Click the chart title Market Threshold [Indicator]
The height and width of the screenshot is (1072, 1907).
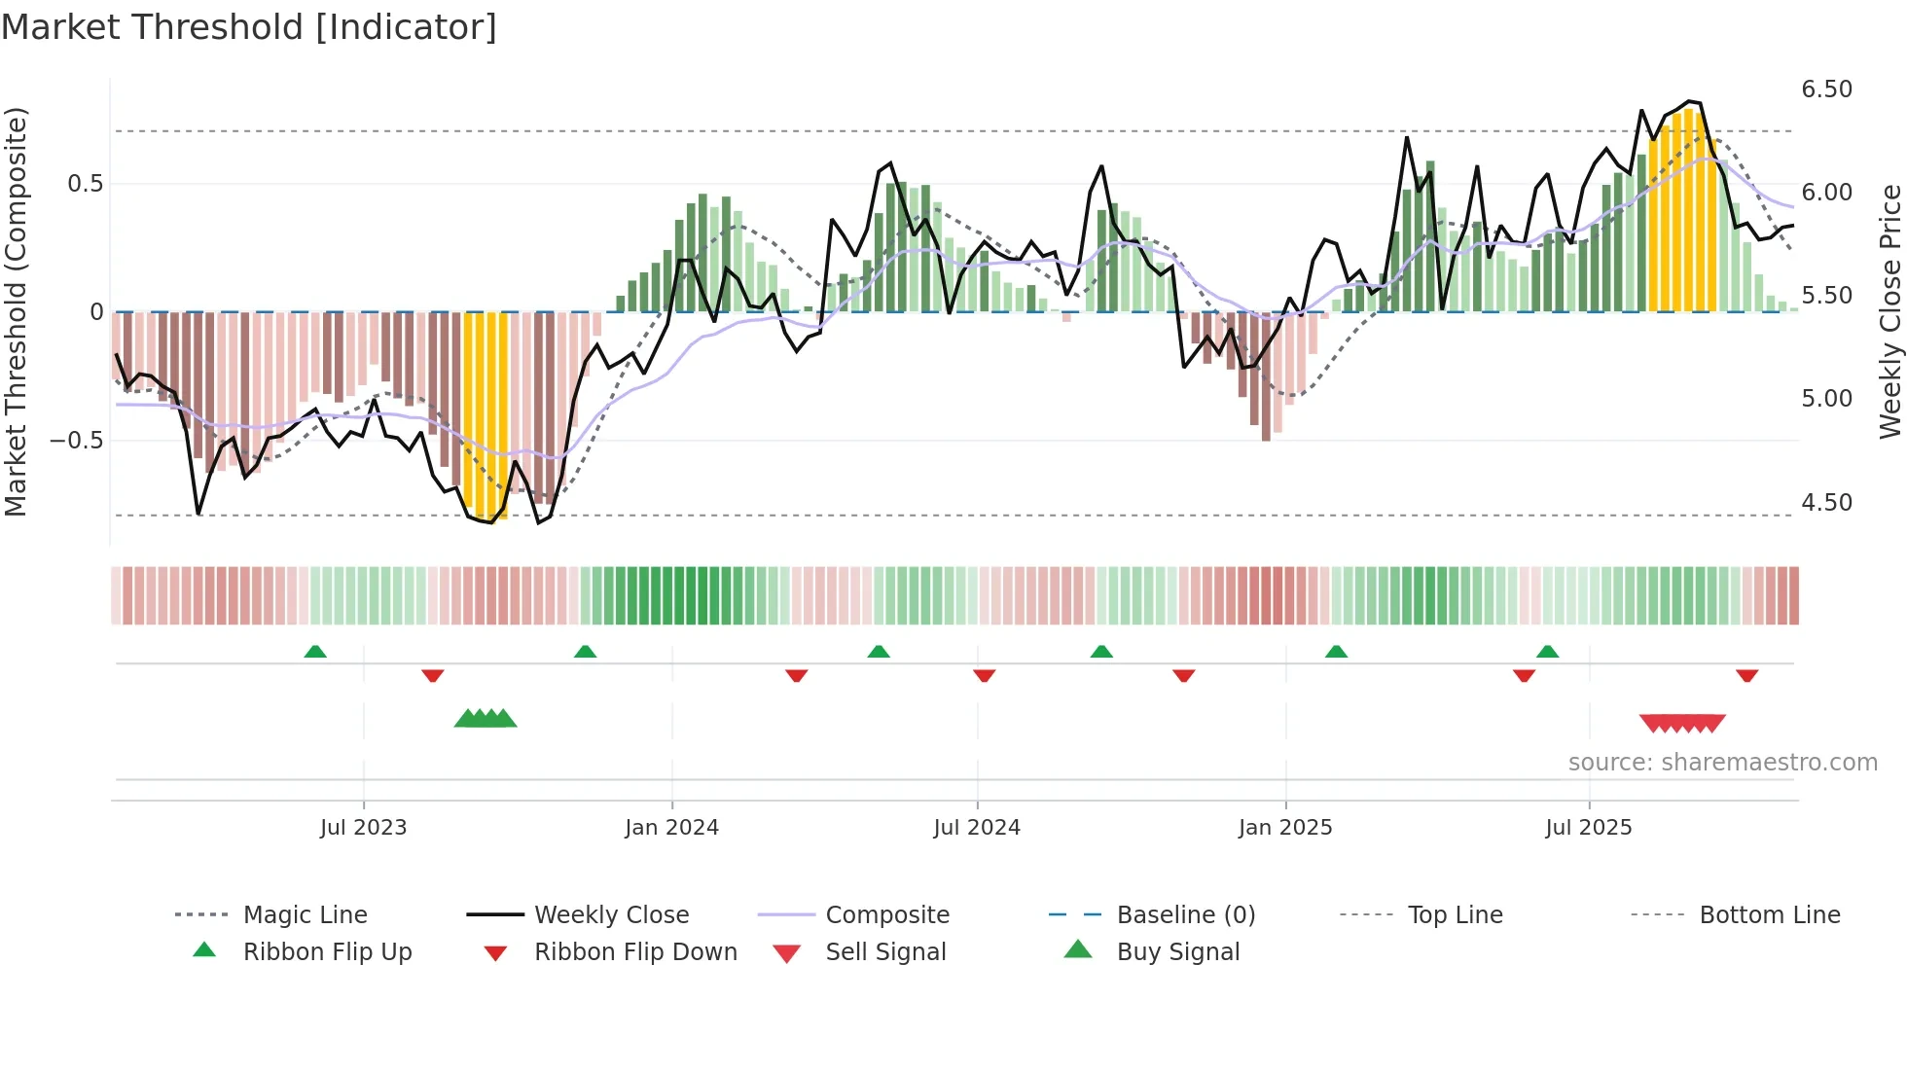(x=249, y=27)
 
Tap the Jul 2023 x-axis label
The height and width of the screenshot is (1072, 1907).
(x=363, y=828)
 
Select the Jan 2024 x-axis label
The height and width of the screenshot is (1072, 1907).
(x=671, y=828)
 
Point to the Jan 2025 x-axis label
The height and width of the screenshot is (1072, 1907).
(x=1284, y=828)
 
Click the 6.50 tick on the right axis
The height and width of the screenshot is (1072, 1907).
(x=1826, y=89)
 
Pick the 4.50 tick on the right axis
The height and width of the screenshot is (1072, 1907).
(x=1826, y=503)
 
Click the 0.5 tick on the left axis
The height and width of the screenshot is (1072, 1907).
(x=85, y=184)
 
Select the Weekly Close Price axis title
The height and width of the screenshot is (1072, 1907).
(x=1889, y=311)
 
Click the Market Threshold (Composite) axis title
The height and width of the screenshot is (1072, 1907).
(x=16, y=311)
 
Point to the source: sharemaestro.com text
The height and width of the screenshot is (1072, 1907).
(x=1722, y=763)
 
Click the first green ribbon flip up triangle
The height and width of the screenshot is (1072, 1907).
(x=315, y=652)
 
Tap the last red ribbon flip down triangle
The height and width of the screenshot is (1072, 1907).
(x=1746, y=675)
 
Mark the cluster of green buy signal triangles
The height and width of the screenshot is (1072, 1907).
(x=486, y=719)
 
